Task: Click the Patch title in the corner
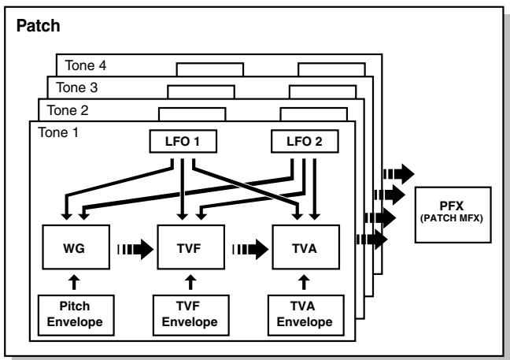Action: (38, 26)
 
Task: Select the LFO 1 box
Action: (183, 141)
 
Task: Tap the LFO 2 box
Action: (305, 141)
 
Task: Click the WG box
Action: (76, 247)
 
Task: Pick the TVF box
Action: (191, 247)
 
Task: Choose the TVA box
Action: (305, 247)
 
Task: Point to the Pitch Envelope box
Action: (76, 315)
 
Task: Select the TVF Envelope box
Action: (191, 315)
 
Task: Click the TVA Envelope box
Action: (305, 315)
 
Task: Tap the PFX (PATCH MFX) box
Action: (453, 215)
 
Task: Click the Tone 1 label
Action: (58, 132)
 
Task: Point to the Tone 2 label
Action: (68, 110)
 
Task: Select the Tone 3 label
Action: (77, 87)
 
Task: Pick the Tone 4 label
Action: (86, 65)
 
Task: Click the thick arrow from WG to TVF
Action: (135, 250)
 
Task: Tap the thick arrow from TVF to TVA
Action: (250, 250)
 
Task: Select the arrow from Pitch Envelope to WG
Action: (75, 282)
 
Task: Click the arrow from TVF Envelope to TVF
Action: (190, 282)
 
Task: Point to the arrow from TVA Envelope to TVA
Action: (304, 282)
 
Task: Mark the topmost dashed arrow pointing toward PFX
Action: (399, 174)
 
